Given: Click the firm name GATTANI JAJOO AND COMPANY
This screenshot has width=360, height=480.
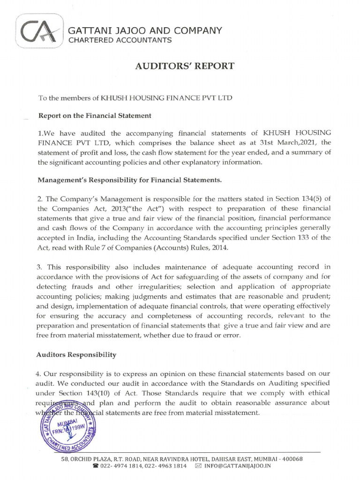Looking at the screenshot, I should (145, 31).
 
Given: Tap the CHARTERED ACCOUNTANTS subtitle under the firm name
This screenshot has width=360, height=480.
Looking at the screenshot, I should (120, 40).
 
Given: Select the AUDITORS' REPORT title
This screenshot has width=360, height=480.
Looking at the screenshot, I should (184, 66).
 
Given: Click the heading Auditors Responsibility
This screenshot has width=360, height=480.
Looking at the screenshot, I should (76, 355).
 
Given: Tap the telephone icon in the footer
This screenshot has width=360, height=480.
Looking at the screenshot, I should (96, 466).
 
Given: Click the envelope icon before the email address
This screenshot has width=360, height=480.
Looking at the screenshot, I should (198, 466).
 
